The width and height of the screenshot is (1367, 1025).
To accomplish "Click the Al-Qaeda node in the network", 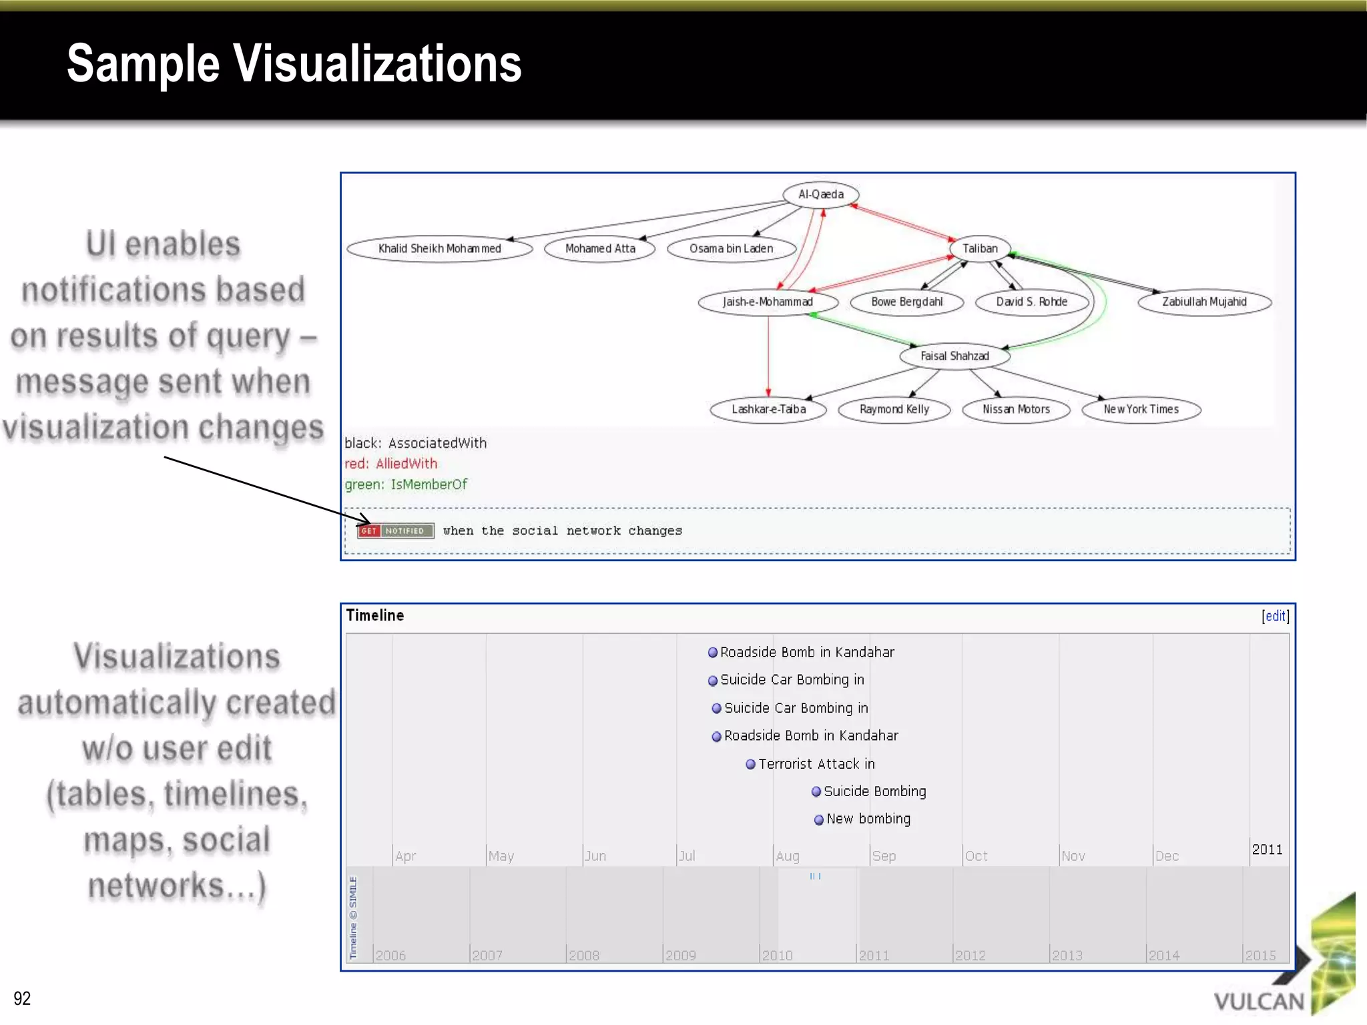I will click(x=820, y=194).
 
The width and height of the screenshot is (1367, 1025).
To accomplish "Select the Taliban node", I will click(x=980, y=248).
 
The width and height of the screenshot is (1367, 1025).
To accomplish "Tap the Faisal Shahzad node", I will click(x=954, y=356).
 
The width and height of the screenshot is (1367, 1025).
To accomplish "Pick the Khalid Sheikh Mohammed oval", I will click(x=439, y=248).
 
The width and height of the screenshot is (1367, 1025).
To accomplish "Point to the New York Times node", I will click(x=1141, y=409).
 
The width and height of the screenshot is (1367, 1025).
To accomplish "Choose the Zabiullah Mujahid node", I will click(x=1204, y=302).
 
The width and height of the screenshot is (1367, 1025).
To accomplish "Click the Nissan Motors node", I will click(x=1016, y=409).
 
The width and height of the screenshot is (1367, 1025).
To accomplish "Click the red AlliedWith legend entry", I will click(x=391, y=464).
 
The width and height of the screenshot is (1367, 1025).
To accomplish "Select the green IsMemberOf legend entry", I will click(x=406, y=484).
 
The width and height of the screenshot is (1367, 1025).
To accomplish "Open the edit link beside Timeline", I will click(x=1275, y=616).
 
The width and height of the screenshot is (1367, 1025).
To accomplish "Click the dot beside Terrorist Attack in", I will click(x=750, y=764).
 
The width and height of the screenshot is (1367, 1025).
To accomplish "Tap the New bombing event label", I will click(x=868, y=819).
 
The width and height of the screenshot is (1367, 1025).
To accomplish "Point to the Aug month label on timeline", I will click(x=788, y=856).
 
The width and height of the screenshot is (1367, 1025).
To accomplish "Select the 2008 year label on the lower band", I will click(x=584, y=955).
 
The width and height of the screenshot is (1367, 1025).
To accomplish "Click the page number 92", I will click(x=22, y=998).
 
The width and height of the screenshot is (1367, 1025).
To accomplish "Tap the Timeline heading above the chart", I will click(x=375, y=615).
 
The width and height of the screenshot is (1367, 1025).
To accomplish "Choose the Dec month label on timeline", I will click(x=1167, y=856).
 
